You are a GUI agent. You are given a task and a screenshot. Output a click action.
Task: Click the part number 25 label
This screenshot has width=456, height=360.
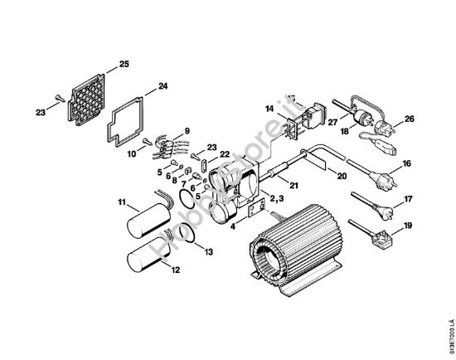pyautogui.click(x=124, y=64)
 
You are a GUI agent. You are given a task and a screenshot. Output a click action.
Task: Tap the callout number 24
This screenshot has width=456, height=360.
pyautogui.click(x=163, y=86)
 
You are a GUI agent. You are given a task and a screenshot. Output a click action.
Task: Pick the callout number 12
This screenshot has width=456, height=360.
pyautogui.click(x=175, y=269)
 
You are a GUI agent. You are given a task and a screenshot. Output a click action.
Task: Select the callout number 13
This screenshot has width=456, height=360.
pyautogui.click(x=209, y=251)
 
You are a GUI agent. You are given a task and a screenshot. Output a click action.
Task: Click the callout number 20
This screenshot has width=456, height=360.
pyautogui.click(x=342, y=175)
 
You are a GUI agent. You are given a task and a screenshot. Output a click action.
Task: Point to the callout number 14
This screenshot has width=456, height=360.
pyautogui.click(x=269, y=109)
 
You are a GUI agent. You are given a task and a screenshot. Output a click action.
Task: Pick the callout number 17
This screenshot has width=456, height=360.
pyautogui.click(x=407, y=199)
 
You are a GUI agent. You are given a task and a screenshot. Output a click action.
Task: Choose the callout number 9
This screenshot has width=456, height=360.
pyautogui.click(x=187, y=130)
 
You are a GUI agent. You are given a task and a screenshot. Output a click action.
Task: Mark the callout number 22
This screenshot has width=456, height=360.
pyautogui.click(x=224, y=154)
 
